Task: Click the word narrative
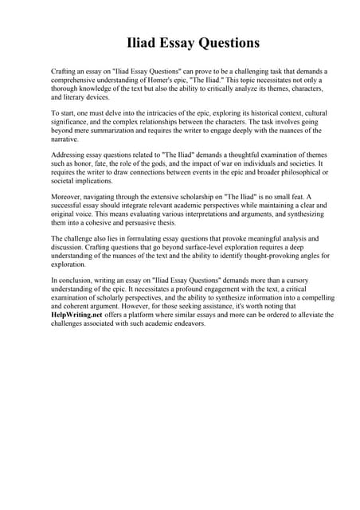click(66, 143)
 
